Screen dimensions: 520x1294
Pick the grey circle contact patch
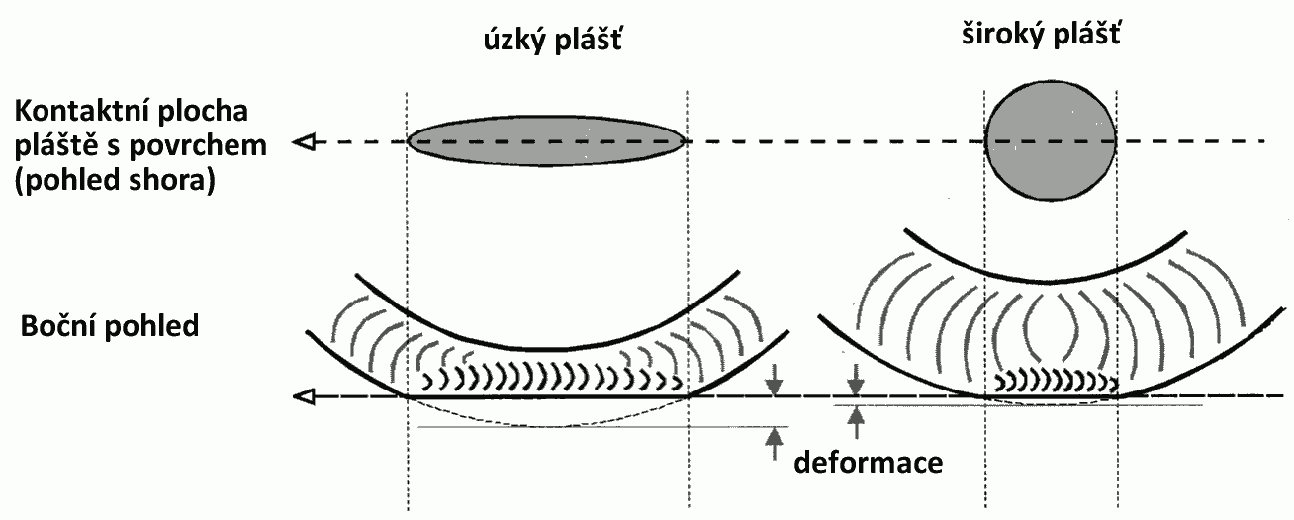[x=1052, y=139]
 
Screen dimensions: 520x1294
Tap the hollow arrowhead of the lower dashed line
[x=306, y=397]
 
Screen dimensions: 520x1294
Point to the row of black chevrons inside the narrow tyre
[x=550, y=380]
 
